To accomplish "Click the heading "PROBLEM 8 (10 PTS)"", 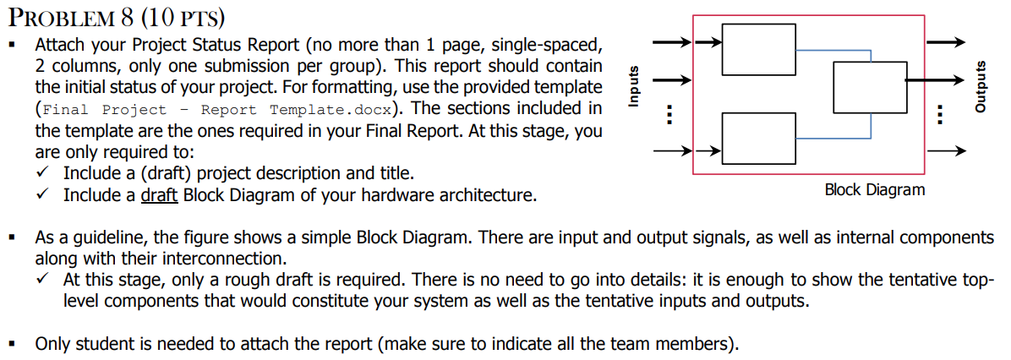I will coord(119,15).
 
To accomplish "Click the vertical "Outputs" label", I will coord(981,85).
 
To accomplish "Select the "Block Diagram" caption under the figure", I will coord(874,189).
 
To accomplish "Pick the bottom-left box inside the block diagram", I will coord(758,137).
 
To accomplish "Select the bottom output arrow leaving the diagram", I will coord(945,153).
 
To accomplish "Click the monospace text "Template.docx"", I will coord(332,110).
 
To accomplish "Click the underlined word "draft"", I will coord(158,196).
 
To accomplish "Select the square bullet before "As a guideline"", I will coord(12,237).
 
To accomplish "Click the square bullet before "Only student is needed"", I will coord(12,344).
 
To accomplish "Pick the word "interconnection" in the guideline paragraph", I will coord(228,257).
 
